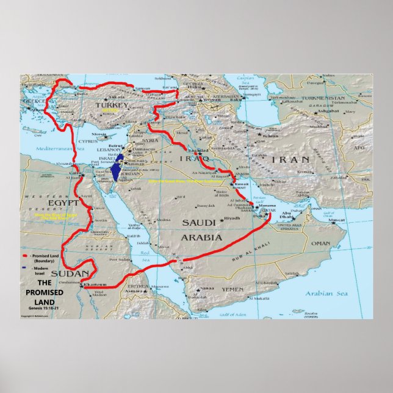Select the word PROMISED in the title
point(41,292)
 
